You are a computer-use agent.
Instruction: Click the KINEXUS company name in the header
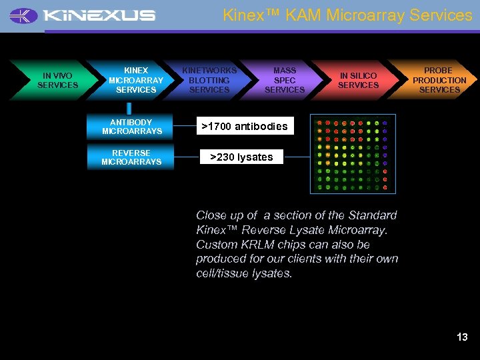click(99, 15)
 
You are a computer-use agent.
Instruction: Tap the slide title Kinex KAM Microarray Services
click(347, 15)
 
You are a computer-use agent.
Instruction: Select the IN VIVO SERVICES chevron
click(57, 81)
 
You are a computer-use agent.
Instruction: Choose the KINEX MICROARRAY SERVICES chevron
click(136, 80)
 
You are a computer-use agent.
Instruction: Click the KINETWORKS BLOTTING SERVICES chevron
click(209, 80)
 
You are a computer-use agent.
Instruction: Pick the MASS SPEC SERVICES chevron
click(285, 80)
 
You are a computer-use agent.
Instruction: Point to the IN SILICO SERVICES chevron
click(358, 81)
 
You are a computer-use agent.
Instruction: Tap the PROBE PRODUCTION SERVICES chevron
click(439, 80)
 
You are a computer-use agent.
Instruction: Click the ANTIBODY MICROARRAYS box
click(131, 127)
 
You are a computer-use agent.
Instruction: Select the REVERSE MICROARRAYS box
click(131, 157)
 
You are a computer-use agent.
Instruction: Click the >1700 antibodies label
click(244, 126)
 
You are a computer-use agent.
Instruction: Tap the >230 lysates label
click(241, 157)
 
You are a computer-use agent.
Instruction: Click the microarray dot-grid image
click(351, 155)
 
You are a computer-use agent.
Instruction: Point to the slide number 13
click(462, 337)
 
